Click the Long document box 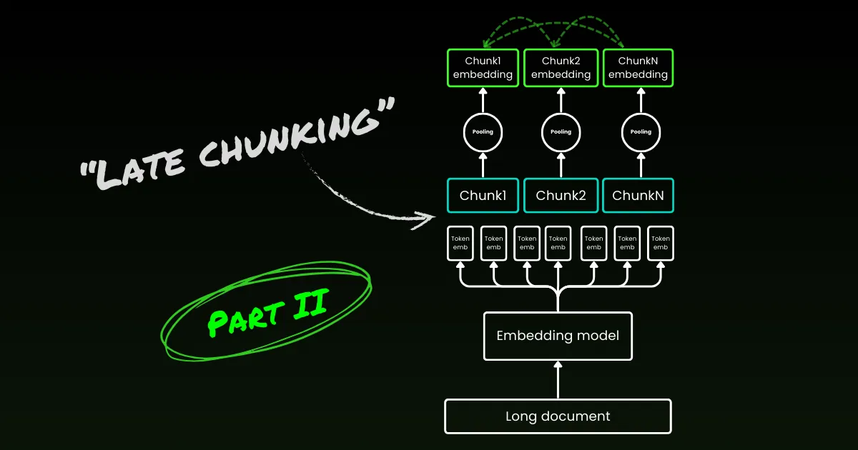[558, 416]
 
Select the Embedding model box [558, 336]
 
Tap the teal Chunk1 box [482, 196]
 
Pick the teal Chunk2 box [561, 196]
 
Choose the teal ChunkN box [638, 196]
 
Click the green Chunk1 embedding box [482, 68]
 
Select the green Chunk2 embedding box [561, 68]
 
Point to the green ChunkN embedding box [638, 68]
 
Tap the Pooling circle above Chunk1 [482, 132]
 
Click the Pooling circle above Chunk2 [561, 132]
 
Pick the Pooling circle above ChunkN [640, 132]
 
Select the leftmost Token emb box [460, 243]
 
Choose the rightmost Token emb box [661, 243]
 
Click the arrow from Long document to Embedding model [558, 379]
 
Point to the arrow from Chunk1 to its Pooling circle [482, 165]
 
